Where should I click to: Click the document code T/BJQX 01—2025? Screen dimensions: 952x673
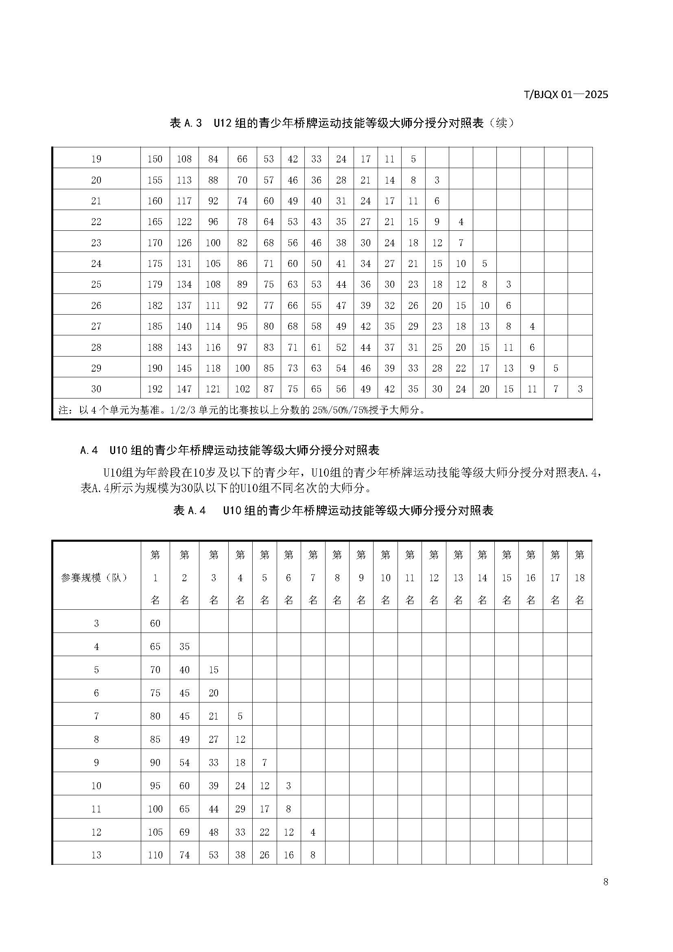pos(566,94)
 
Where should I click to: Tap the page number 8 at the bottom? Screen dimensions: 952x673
pos(605,882)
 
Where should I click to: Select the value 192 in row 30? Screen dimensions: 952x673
pos(155,389)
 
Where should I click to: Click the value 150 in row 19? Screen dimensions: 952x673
pos(155,159)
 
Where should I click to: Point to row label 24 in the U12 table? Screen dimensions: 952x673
pos(96,264)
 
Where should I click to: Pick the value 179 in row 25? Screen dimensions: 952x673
pos(155,285)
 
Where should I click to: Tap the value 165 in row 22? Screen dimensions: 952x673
pos(155,222)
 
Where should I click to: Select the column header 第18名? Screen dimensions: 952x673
pos(579,578)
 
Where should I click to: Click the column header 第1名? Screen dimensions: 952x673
pos(155,578)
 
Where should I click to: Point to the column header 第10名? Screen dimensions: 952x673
pos(385,578)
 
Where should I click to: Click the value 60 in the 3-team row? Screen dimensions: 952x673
pos(155,623)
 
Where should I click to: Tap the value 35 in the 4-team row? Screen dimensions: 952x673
pos(184,646)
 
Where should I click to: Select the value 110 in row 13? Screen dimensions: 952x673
pos(155,855)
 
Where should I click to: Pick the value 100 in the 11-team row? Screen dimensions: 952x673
pos(155,809)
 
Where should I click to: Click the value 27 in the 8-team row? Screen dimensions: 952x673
pos(214,739)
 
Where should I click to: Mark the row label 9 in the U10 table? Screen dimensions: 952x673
pos(96,762)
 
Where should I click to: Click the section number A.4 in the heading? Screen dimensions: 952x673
pos(89,450)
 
